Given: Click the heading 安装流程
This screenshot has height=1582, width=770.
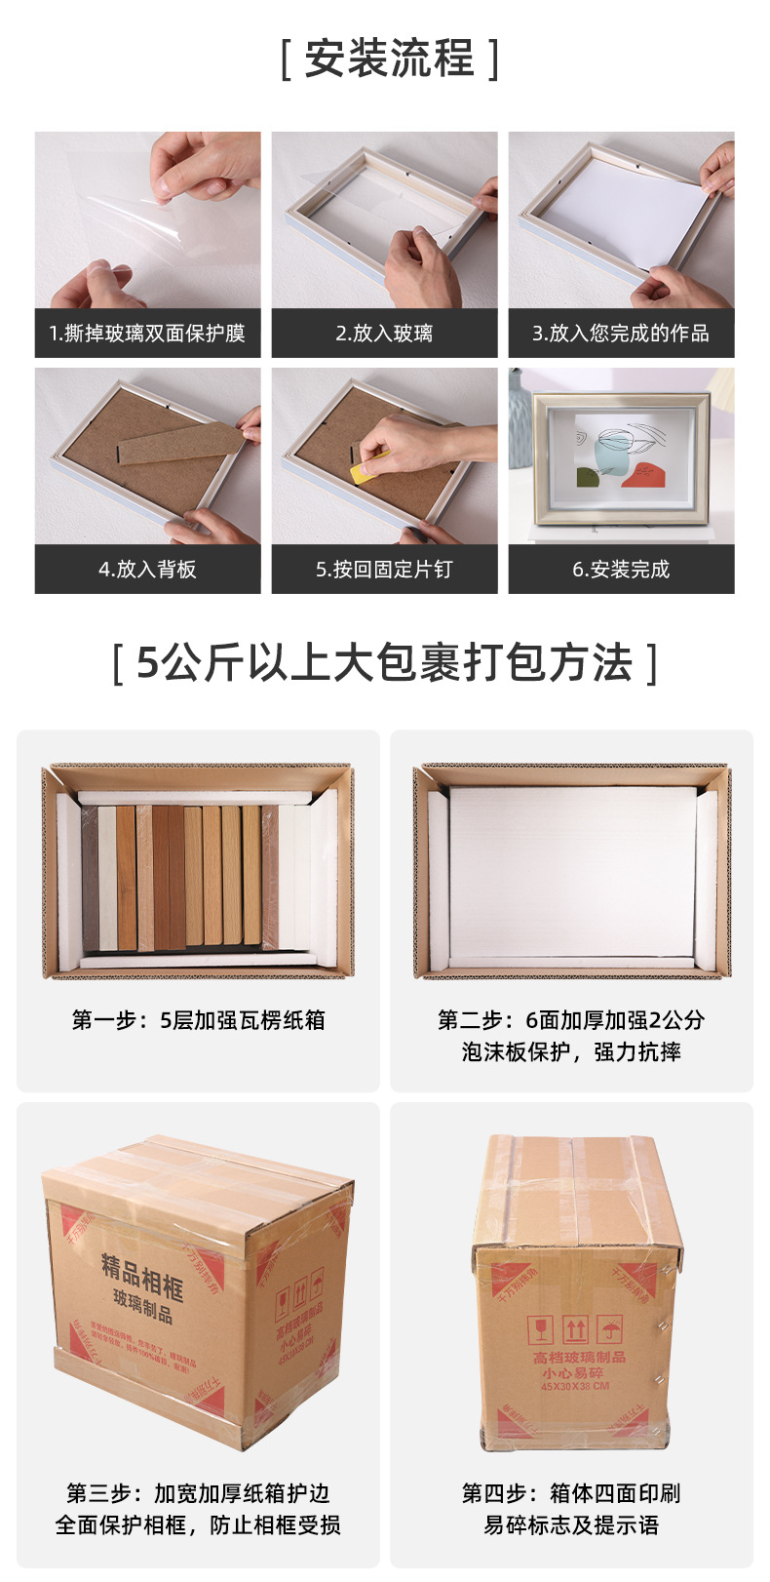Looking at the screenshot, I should pyautogui.click(x=389, y=59).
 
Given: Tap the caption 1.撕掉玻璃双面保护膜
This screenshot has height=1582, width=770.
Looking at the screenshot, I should pyautogui.click(x=147, y=334).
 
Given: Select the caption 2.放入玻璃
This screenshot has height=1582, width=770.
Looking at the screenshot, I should pyautogui.click(x=384, y=334).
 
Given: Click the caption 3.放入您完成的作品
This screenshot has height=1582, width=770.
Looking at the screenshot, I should pyautogui.click(x=621, y=334).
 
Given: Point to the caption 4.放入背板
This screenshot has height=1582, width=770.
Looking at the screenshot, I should pyautogui.click(x=147, y=570).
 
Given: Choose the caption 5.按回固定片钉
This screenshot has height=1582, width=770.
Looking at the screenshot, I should pyautogui.click(x=384, y=570).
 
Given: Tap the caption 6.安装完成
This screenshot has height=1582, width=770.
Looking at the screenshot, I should pyautogui.click(x=621, y=570).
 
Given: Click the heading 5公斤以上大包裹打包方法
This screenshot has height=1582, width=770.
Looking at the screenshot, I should pyautogui.click(x=385, y=663).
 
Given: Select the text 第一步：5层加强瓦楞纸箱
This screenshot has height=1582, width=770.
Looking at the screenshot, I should pyautogui.click(x=198, y=1020).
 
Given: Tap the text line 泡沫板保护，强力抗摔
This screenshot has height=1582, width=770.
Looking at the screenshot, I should pyautogui.click(x=571, y=1051).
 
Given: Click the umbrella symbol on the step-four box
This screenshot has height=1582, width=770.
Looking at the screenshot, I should pyautogui.click(x=611, y=1329).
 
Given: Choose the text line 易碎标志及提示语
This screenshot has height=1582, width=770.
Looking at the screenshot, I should pyautogui.click(x=571, y=1524).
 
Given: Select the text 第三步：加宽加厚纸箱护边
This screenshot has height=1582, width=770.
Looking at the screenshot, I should pyautogui.click(x=198, y=1493).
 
